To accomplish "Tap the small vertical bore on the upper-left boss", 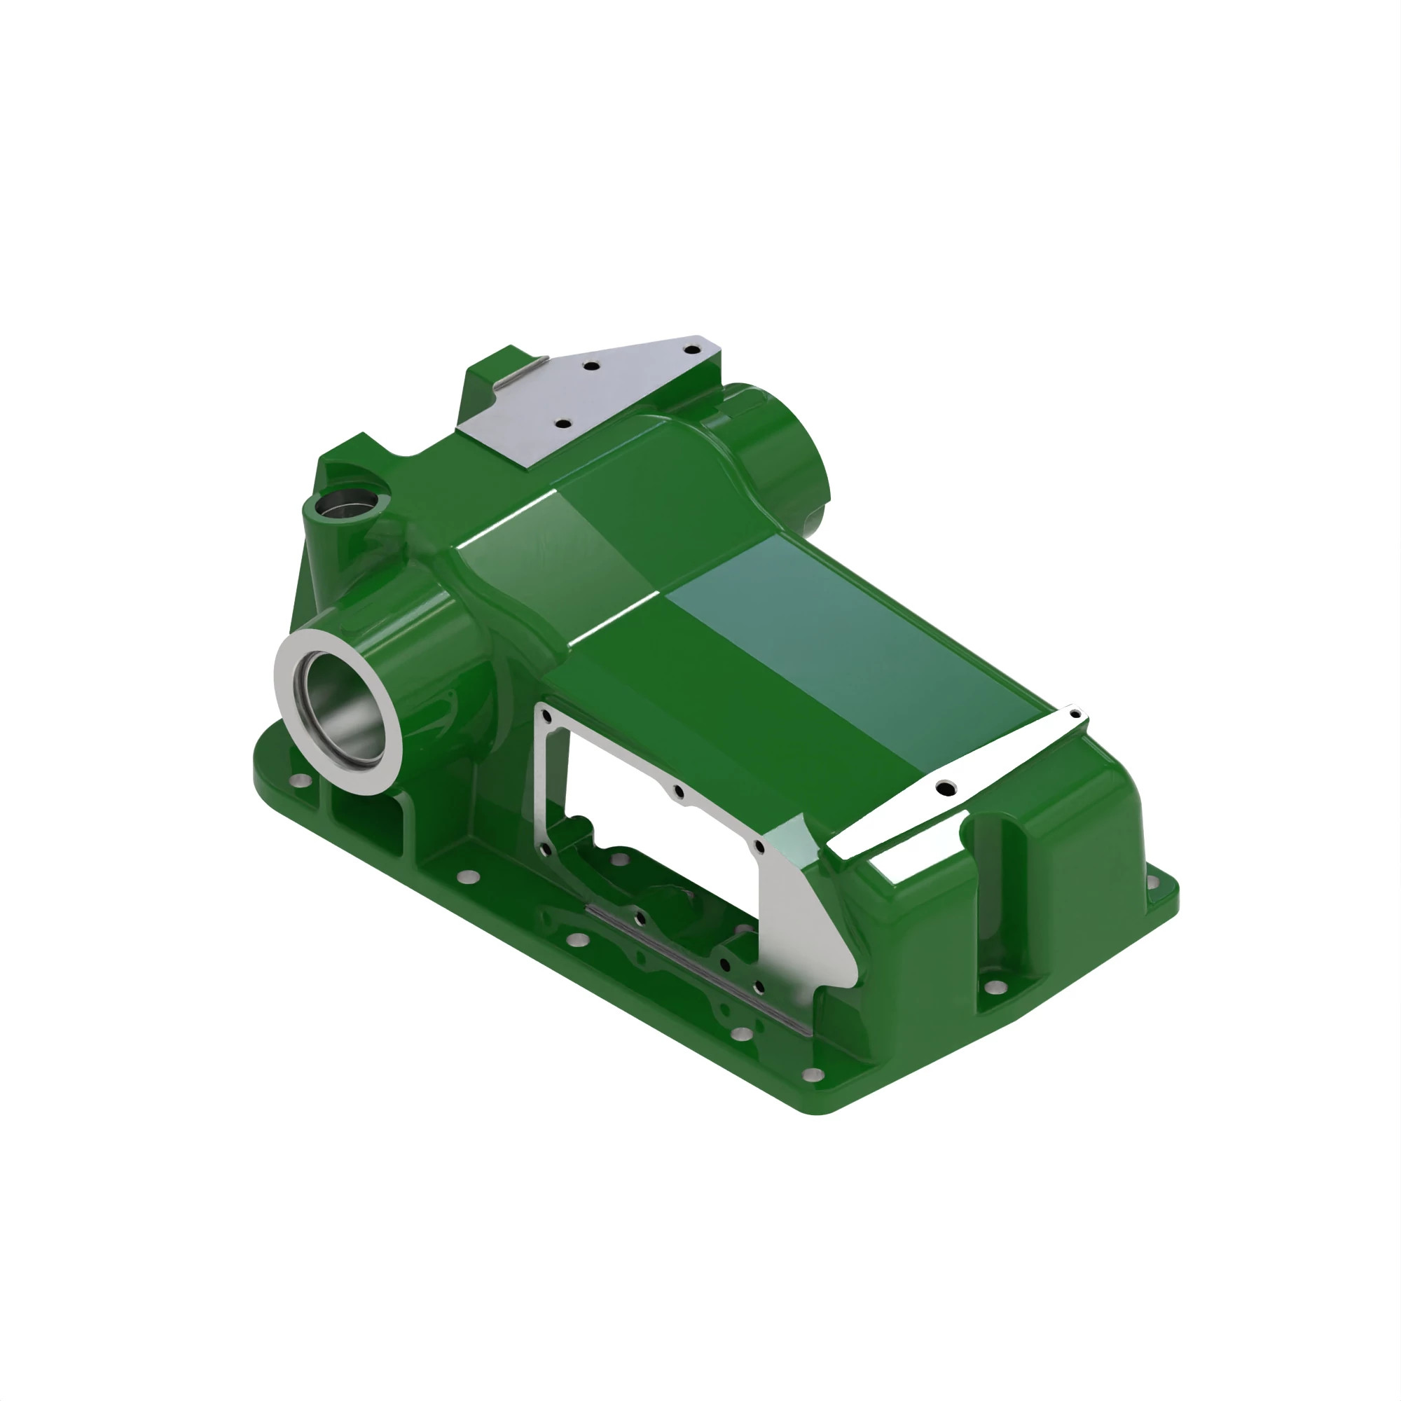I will click(x=343, y=501).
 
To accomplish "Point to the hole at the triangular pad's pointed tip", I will click(x=692, y=350).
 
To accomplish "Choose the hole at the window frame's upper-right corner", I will click(x=759, y=846).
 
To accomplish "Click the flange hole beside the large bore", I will click(x=298, y=781).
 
